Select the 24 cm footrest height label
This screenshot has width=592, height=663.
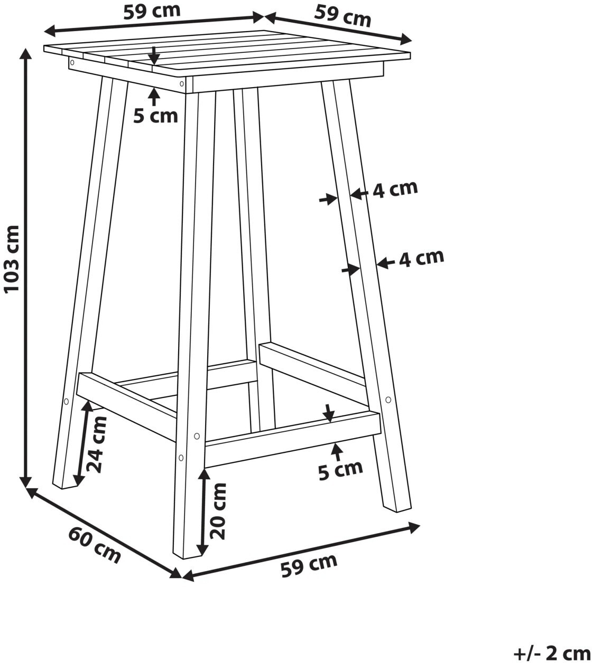(97, 444)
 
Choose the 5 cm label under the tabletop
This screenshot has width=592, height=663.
(155, 116)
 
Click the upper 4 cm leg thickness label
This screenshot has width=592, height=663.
(395, 189)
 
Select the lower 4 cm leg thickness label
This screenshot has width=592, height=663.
(422, 258)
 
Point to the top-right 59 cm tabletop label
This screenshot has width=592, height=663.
(343, 16)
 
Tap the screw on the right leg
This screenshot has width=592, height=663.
(388, 400)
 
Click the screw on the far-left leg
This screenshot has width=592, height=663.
(66, 401)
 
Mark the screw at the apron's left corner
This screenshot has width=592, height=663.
(72, 62)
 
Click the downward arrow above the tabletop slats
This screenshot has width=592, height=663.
(153, 55)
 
